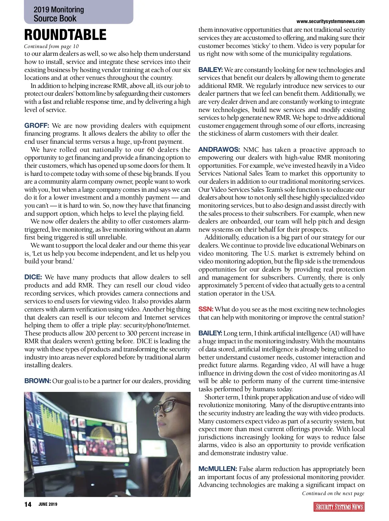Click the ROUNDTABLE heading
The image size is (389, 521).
coord(65,35)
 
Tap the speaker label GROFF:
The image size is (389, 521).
coord(37,126)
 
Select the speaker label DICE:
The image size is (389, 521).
coord(33,277)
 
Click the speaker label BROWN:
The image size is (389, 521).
coord(38,381)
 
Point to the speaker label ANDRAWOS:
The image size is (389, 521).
coord(219,150)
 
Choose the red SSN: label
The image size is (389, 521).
coord(206,309)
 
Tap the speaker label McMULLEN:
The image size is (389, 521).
coord(218,469)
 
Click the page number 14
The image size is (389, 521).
coord(28,504)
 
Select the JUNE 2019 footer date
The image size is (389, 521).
coord(48,504)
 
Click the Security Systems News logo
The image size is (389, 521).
coord(339,507)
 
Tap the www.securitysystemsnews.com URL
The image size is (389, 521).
coord(330,21)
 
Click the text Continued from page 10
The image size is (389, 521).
coord(51,46)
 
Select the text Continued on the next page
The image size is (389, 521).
coord(333,493)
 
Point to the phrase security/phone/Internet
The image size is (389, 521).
coord(154,325)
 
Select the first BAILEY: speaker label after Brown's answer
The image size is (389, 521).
coord(210,70)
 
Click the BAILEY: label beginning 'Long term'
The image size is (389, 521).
coord(210,333)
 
